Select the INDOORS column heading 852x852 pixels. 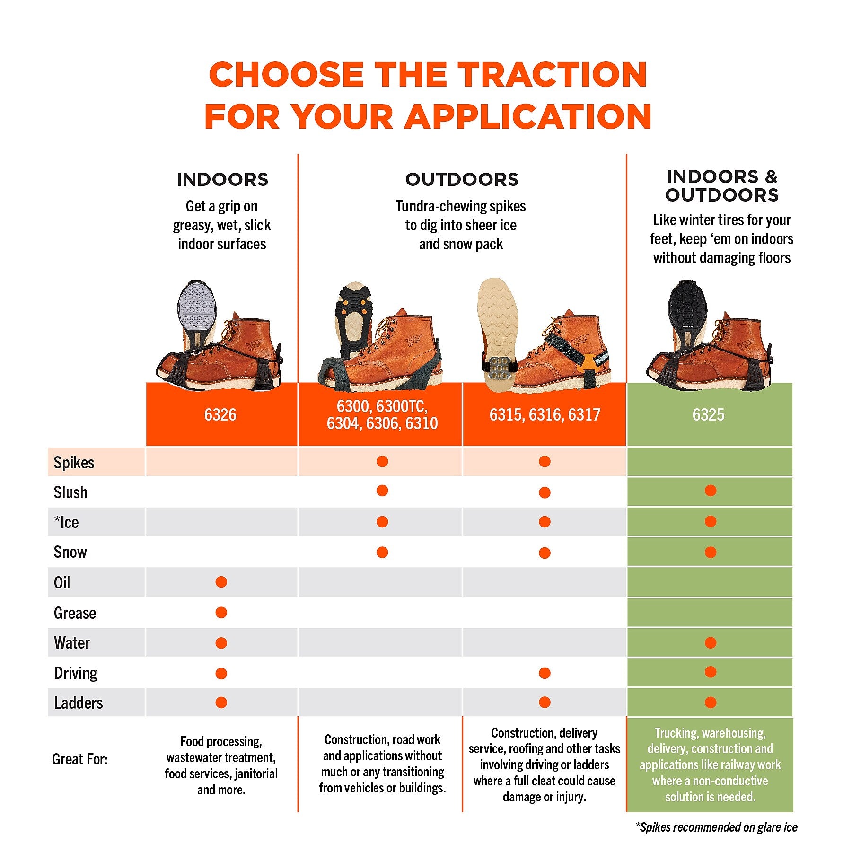point(222,180)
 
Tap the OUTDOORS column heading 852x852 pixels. point(462,180)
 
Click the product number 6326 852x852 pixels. point(220,415)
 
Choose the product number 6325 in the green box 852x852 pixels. point(709,415)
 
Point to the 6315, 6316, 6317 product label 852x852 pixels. point(545,415)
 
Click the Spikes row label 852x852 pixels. point(74,463)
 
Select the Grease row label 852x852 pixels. point(75,613)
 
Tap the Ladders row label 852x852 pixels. point(79,703)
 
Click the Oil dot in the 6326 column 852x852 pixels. point(221,582)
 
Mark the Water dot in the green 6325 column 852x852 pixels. point(710,642)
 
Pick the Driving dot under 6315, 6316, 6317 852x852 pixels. point(545,673)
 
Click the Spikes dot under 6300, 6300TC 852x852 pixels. point(382,461)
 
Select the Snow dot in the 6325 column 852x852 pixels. point(710,552)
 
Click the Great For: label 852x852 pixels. point(80,759)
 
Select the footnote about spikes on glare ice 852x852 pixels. point(716,827)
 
